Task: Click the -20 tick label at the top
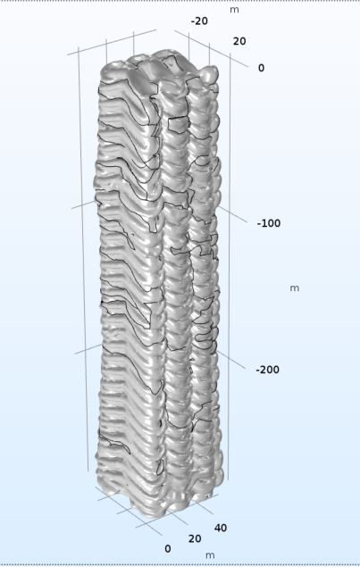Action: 199,21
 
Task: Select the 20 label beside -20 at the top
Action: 239,41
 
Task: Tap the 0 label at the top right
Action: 261,68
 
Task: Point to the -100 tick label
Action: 269,223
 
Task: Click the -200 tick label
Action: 267,370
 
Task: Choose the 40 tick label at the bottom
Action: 221,528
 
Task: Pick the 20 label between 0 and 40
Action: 195,538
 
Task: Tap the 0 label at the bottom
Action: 168,549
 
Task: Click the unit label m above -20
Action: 234,10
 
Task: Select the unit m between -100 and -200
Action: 295,288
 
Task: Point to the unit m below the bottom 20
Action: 210,555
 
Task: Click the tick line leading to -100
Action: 231,214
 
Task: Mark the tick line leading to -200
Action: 230,360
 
